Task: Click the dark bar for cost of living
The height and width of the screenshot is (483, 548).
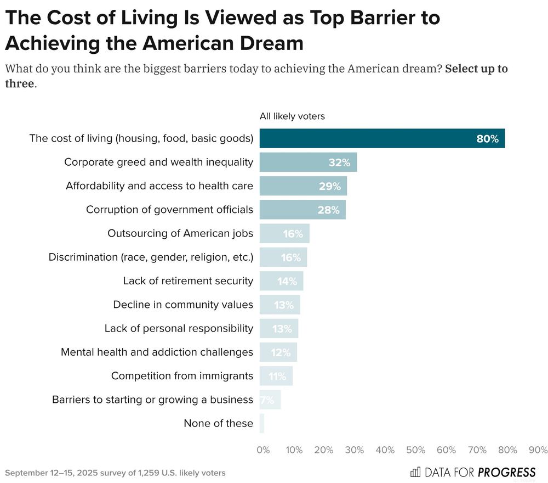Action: click(x=381, y=139)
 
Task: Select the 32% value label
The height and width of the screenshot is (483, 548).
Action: click(x=339, y=162)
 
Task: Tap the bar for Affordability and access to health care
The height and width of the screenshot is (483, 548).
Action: click(x=303, y=186)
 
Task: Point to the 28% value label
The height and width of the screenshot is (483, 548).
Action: click(x=328, y=210)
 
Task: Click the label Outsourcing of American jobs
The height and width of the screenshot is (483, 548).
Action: click(x=180, y=233)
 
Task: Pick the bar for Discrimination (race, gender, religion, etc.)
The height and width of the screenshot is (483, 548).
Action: click(x=283, y=257)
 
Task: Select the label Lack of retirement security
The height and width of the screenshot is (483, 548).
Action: click(x=188, y=281)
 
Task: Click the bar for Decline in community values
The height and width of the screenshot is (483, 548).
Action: click(x=279, y=305)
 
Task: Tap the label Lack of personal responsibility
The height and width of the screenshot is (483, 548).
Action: click(x=179, y=328)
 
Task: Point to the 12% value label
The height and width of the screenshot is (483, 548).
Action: click(x=280, y=352)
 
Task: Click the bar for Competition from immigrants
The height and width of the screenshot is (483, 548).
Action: click(x=276, y=376)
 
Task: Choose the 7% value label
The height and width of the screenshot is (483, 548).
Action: click(x=267, y=400)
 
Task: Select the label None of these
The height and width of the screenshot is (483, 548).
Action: click(x=218, y=423)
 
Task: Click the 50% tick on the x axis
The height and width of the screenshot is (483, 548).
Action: click(x=415, y=450)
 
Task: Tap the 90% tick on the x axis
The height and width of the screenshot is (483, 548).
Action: click(x=538, y=450)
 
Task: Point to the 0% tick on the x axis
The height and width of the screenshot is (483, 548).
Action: click(x=263, y=450)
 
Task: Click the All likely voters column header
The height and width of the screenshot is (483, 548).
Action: click(x=292, y=116)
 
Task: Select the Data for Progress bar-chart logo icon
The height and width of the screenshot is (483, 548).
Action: click(x=415, y=472)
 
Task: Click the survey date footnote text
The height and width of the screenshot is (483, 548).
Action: click(x=115, y=473)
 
